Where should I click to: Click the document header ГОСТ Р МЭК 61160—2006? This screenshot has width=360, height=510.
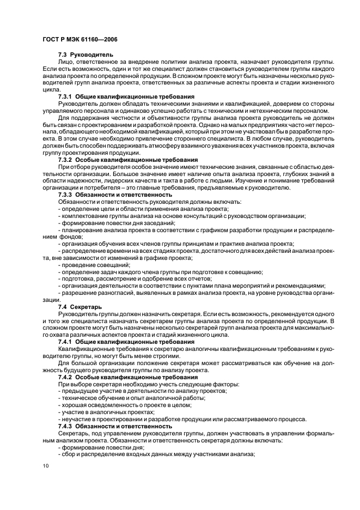pyautogui.click(x=79, y=40)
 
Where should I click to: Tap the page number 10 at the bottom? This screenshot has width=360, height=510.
pyautogui.click(x=45, y=466)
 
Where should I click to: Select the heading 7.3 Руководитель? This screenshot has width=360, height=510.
pyautogui.click(x=85, y=55)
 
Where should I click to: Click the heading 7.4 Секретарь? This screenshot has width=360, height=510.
pyautogui.click(x=80, y=307)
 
